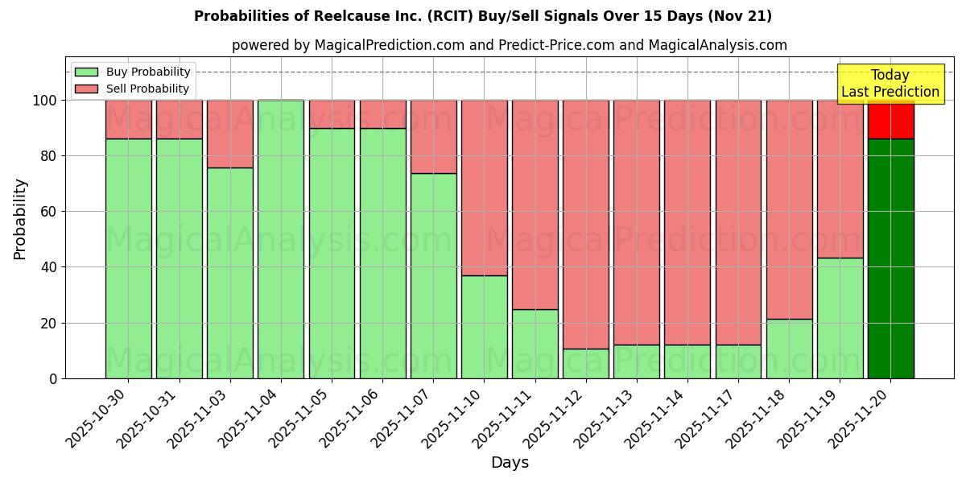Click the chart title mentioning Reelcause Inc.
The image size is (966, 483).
pos(483,16)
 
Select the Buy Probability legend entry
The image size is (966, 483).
pos(148,72)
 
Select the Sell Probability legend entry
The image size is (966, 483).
pos(148,89)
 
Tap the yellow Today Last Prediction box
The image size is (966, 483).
pos(890,84)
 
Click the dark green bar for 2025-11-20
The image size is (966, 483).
pos(890,258)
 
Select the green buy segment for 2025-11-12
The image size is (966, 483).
pos(586,363)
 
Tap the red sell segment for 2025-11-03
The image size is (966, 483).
pos(230,134)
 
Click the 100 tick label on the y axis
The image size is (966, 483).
pos(44,101)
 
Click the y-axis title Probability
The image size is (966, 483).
pos(20,219)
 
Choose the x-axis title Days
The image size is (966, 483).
pos(510,463)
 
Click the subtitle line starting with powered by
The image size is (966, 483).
pos(510,45)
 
